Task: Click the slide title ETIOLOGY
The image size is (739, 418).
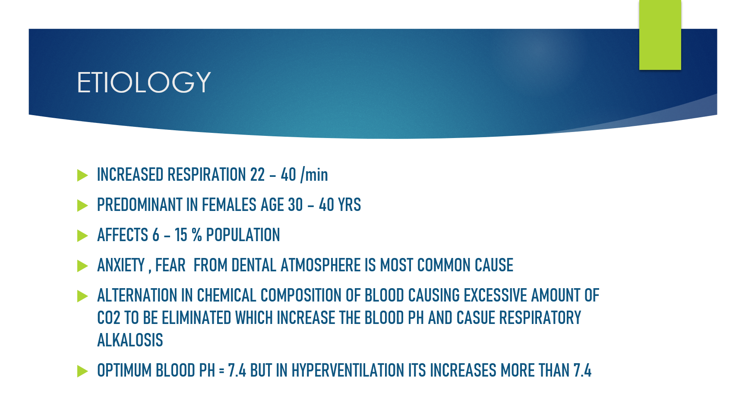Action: (144, 82)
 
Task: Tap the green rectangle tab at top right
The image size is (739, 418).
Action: (660, 35)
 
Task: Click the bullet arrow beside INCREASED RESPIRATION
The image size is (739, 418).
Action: (82, 176)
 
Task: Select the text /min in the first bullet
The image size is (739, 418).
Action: (314, 175)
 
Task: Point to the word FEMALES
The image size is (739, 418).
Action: (229, 205)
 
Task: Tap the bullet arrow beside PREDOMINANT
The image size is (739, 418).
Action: (82, 205)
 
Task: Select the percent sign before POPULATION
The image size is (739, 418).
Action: (197, 235)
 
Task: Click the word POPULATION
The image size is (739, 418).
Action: (243, 235)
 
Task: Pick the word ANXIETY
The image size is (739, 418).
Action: (121, 265)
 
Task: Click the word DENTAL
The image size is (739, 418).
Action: (254, 265)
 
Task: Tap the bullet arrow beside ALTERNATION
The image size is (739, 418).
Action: (82, 296)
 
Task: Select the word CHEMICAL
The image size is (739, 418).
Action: (227, 295)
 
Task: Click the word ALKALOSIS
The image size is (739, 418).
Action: (130, 340)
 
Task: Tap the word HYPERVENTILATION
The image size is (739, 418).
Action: (348, 370)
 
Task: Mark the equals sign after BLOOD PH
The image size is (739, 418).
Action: (222, 371)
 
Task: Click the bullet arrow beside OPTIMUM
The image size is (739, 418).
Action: (82, 371)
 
